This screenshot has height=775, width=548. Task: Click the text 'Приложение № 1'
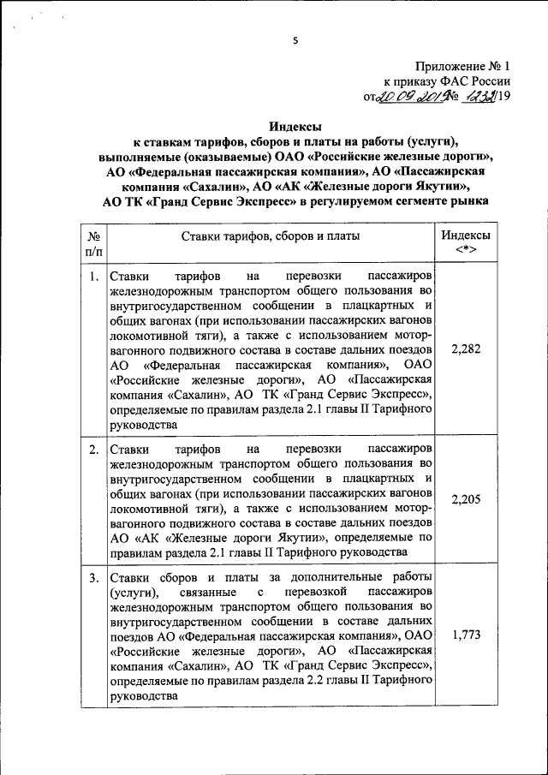pyautogui.click(x=462, y=66)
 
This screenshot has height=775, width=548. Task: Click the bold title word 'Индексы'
pyautogui.click(x=293, y=126)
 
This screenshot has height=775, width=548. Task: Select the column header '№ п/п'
pyautogui.click(x=93, y=243)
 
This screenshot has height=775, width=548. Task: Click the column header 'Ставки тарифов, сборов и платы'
pyautogui.click(x=270, y=235)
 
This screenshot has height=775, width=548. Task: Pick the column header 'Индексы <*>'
pyautogui.click(x=467, y=243)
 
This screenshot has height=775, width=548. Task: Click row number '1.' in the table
pyautogui.click(x=92, y=277)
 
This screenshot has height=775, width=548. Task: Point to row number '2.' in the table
pyautogui.click(x=92, y=449)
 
